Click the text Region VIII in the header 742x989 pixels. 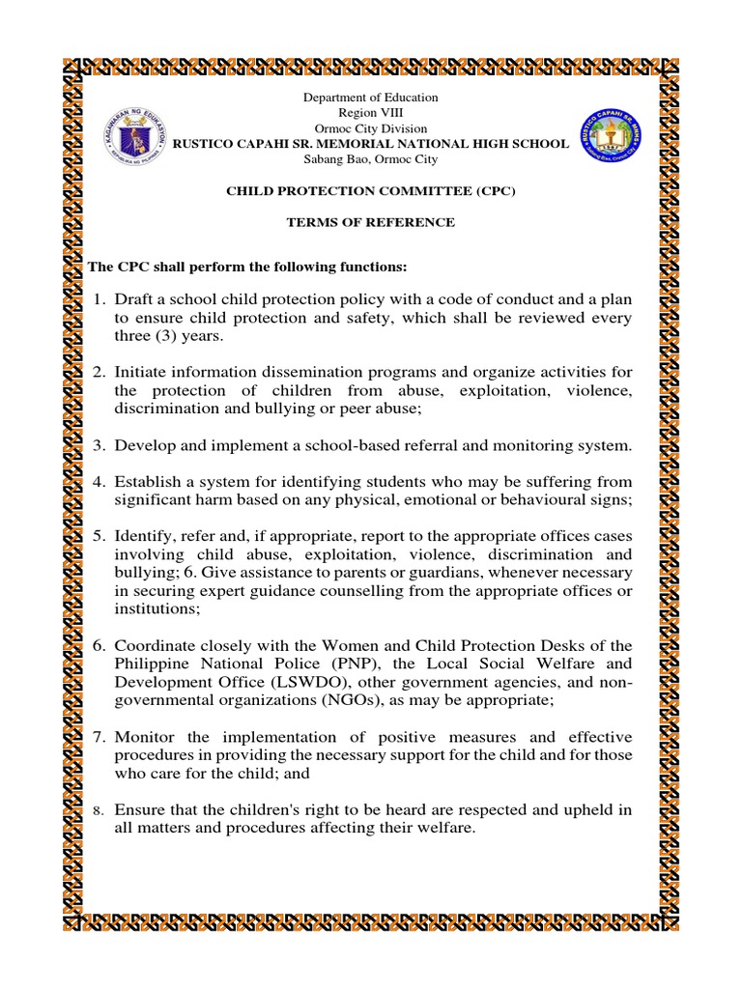pyautogui.click(x=371, y=113)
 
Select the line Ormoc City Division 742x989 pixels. pyautogui.click(x=371, y=128)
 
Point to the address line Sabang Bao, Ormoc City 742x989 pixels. pyautogui.click(x=371, y=159)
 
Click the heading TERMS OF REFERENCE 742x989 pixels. pyautogui.click(x=371, y=222)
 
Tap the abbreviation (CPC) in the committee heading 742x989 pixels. pyautogui.click(x=495, y=190)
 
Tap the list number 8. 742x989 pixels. pyautogui.click(x=98, y=811)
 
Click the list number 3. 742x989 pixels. pyautogui.click(x=99, y=445)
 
